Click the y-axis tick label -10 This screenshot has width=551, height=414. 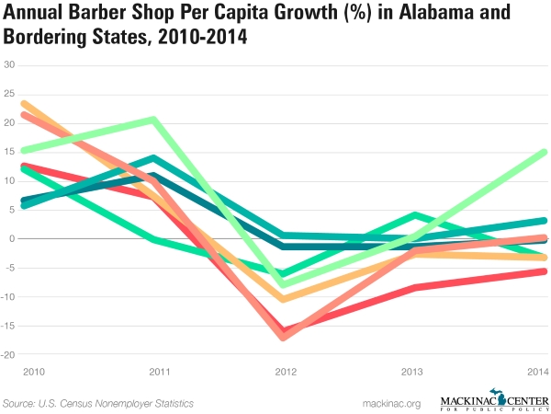(x=9, y=297)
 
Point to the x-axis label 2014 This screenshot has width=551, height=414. (x=537, y=371)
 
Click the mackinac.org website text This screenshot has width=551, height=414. (x=391, y=403)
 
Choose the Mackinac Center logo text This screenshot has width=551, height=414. (x=495, y=400)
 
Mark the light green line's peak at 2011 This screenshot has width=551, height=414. (x=152, y=119)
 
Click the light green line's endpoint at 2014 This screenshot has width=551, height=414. (x=544, y=152)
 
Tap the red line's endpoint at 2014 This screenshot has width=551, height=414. (x=544, y=271)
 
